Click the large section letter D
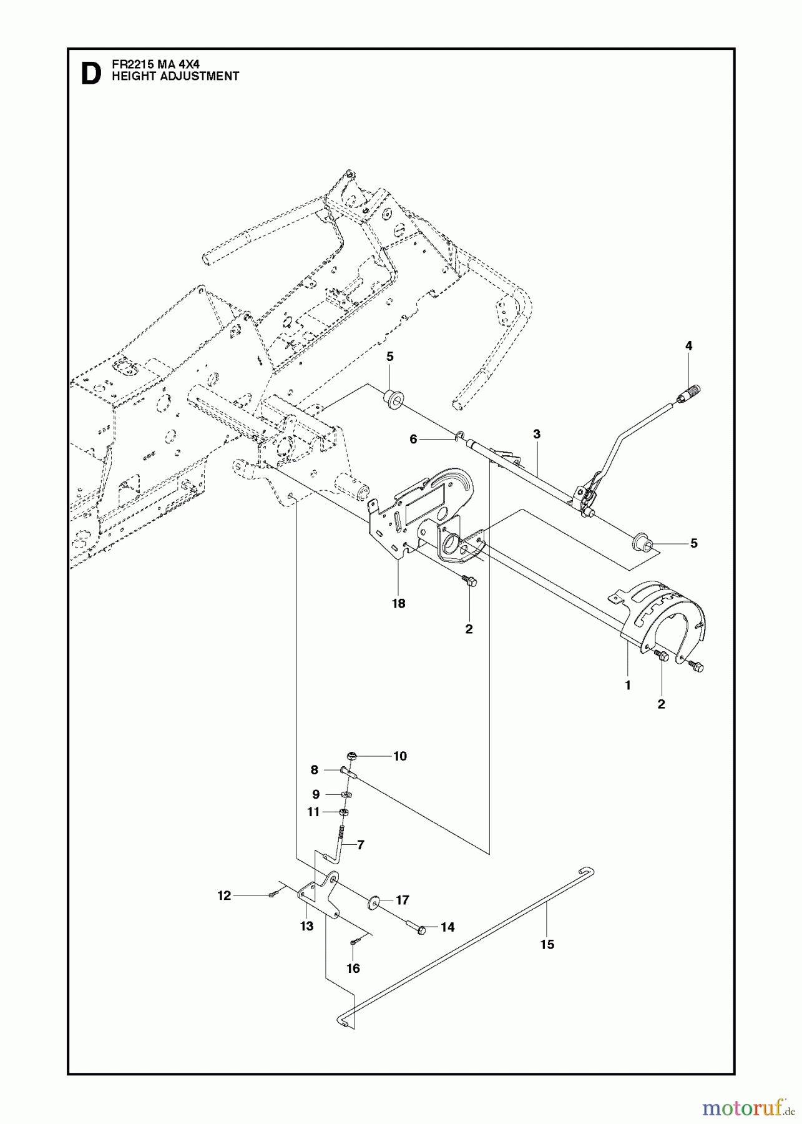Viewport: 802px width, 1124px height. (x=90, y=73)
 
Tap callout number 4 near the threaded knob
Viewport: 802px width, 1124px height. (x=688, y=346)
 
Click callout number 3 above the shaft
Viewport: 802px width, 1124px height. (x=536, y=434)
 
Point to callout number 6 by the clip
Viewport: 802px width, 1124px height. (x=413, y=440)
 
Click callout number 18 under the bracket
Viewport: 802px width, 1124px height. (x=398, y=604)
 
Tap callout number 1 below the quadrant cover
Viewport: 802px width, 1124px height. (x=627, y=685)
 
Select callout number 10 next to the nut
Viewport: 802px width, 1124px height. (x=399, y=756)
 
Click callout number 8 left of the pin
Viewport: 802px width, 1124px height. (x=315, y=771)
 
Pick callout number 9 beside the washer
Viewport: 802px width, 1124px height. (x=316, y=794)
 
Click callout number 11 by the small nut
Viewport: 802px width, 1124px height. (x=313, y=812)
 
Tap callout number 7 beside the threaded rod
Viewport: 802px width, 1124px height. (x=360, y=845)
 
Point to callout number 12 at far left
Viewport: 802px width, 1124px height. (x=224, y=895)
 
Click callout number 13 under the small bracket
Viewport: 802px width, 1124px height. (x=306, y=927)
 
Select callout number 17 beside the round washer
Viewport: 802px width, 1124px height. (x=402, y=900)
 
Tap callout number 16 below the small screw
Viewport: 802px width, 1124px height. (x=353, y=969)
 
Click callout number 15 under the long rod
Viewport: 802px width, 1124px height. (x=547, y=945)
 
